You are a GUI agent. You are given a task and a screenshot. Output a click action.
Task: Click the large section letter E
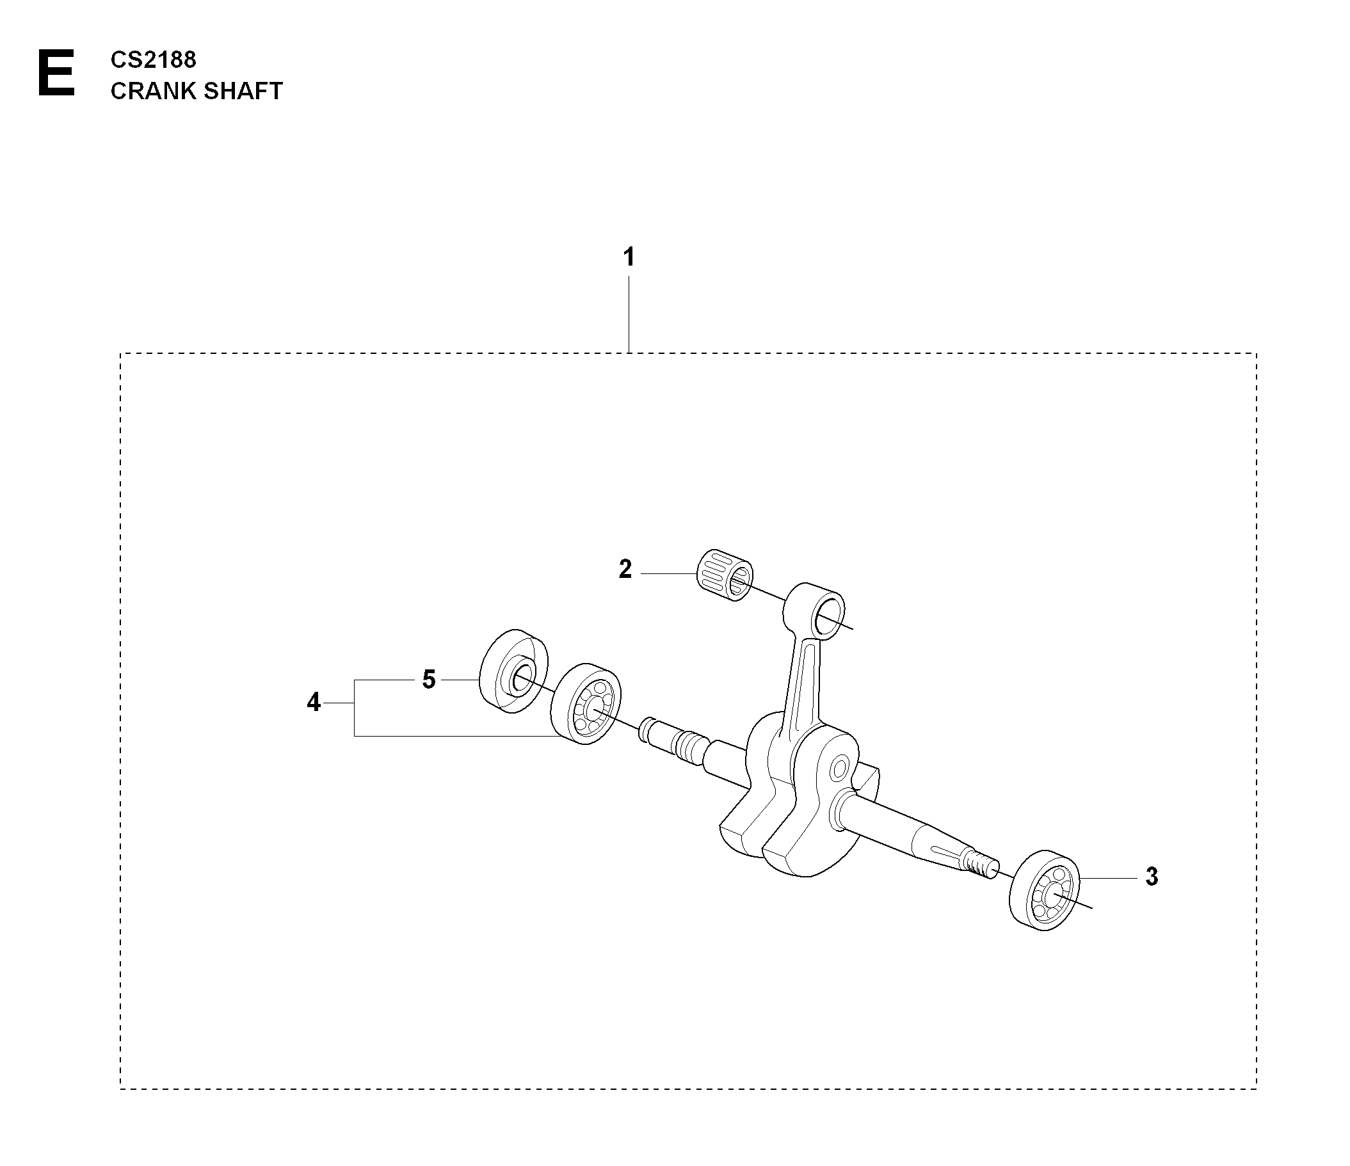(x=56, y=74)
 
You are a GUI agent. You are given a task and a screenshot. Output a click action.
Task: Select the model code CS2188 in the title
(x=153, y=60)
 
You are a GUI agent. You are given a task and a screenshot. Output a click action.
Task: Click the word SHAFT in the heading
(x=243, y=92)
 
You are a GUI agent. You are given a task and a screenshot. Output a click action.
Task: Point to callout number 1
(x=629, y=257)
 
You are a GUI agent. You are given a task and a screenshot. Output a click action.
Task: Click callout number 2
(x=625, y=570)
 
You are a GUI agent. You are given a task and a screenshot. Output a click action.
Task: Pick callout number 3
(x=1152, y=877)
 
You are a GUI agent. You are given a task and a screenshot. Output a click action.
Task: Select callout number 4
(x=314, y=702)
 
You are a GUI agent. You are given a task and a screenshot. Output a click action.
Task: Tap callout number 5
(x=428, y=680)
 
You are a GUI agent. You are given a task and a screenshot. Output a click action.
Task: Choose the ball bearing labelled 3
(x=1045, y=890)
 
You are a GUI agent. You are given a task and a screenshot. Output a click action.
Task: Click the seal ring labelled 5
(x=513, y=671)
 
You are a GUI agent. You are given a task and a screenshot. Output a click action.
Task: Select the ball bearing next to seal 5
(x=586, y=703)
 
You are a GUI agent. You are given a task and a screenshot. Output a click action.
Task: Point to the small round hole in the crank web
(x=839, y=767)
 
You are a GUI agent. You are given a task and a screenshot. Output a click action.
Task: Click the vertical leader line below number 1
(x=629, y=314)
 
